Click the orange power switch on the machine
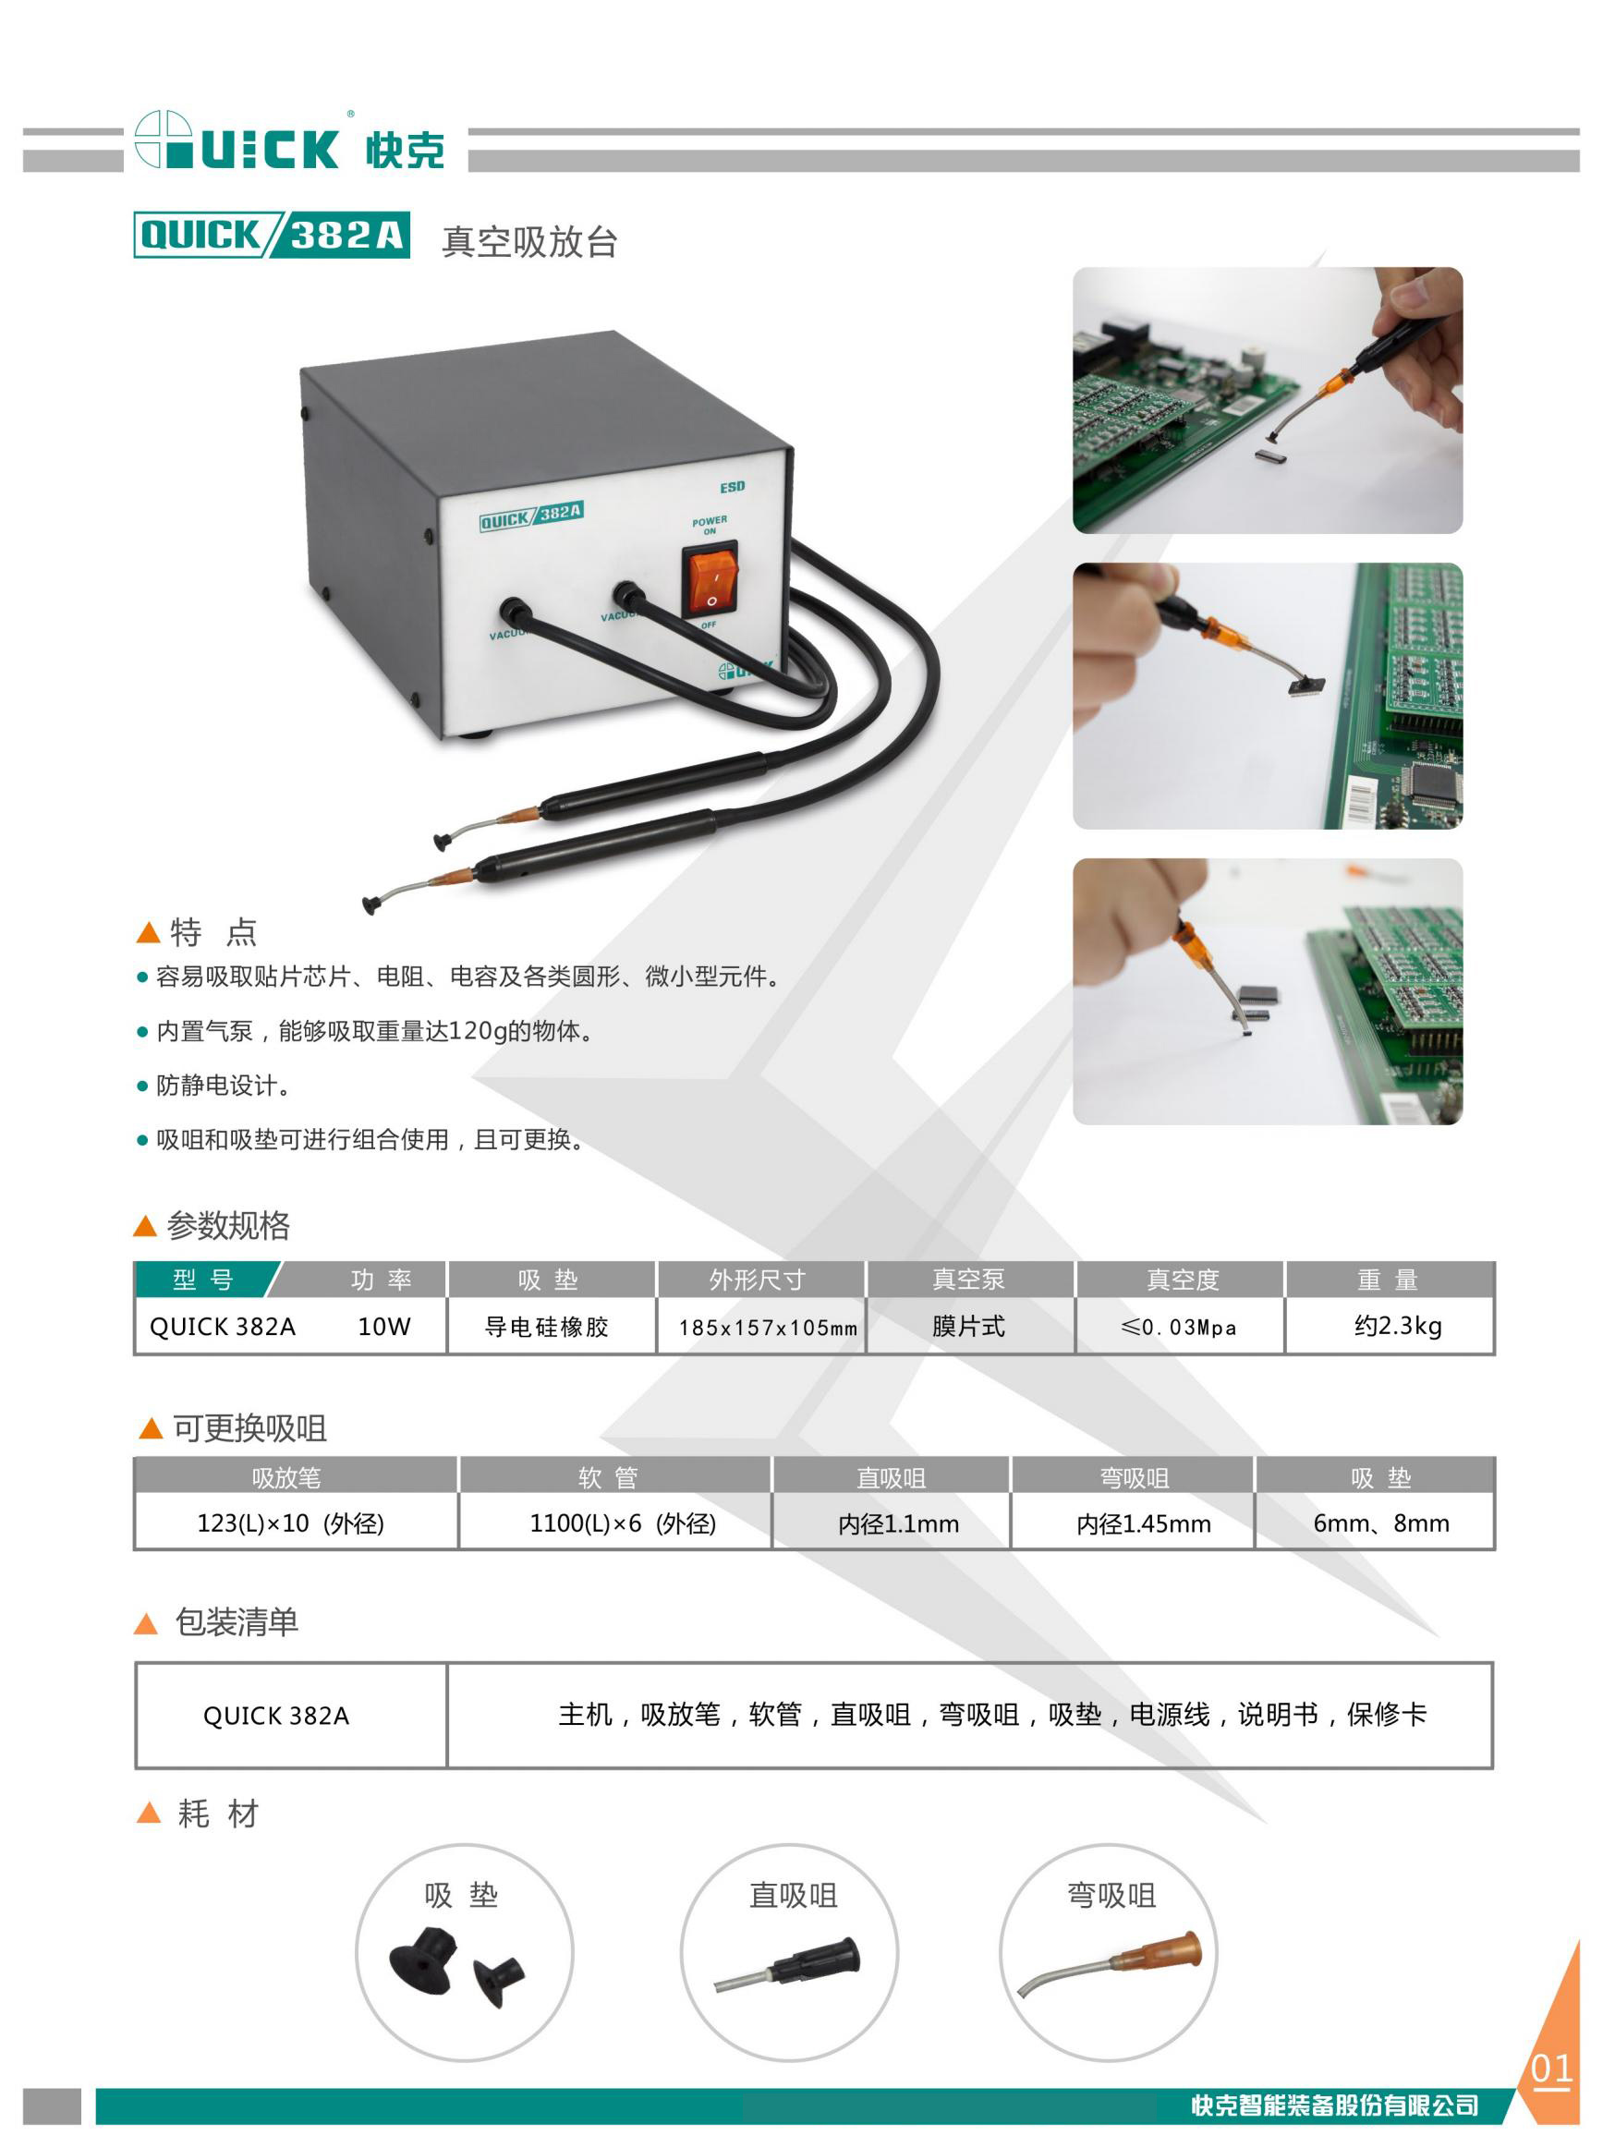point(710,580)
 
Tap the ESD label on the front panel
point(733,487)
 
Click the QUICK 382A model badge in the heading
point(272,235)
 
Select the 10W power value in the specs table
point(384,1327)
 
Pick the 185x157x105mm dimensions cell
point(768,1328)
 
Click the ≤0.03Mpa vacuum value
point(1179,1328)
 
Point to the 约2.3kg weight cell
point(1398,1327)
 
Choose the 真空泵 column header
point(968,1280)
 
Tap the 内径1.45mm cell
point(1143,1524)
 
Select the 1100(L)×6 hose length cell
point(623,1523)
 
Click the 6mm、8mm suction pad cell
point(1380,1523)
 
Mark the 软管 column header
point(609,1477)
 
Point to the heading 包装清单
point(237,1622)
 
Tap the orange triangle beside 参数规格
point(144,1226)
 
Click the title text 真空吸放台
point(529,241)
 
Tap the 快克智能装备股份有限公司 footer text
point(1335,2106)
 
